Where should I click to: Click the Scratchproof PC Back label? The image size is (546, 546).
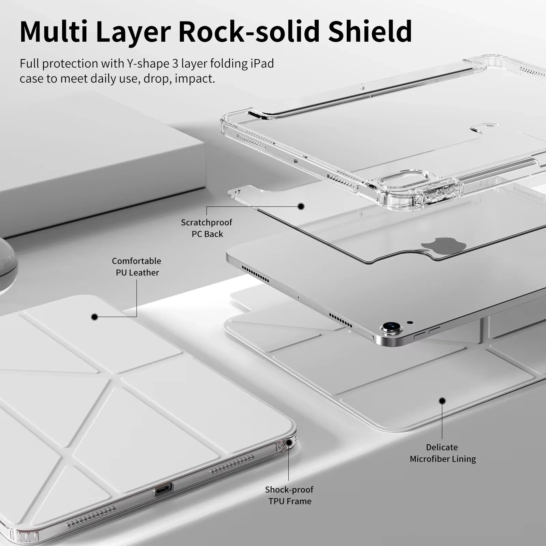point(207,228)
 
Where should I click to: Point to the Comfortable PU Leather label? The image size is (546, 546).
point(137,267)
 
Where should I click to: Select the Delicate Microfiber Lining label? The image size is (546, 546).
point(443,453)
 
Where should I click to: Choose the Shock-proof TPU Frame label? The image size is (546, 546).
point(289,495)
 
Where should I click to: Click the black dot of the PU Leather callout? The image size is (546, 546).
point(95,317)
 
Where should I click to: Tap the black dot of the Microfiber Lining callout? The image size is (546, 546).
point(442,401)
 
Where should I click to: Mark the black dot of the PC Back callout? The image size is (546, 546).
point(301,206)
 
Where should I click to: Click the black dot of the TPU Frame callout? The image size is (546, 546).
point(289,442)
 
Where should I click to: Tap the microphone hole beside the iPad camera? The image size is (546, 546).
point(410,322)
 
